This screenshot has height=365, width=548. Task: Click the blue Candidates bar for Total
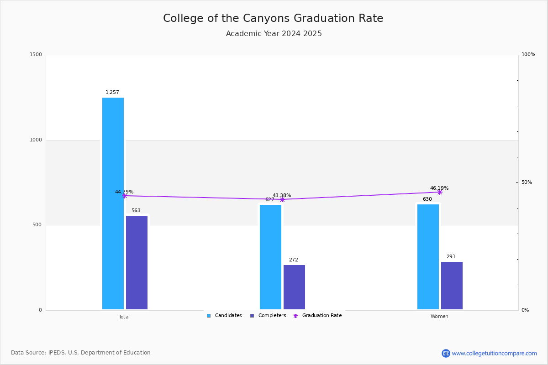[113, 203]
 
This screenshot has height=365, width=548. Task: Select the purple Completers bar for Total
[137, 262]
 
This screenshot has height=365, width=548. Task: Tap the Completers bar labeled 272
[294, 287]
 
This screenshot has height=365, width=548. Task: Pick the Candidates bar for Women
[428, 257]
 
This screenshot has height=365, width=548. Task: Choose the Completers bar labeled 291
[452, 286]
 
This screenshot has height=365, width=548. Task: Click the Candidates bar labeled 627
[270, 257]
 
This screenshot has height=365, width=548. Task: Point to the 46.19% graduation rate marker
[440, 192]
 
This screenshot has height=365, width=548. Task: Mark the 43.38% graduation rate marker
[282, 199]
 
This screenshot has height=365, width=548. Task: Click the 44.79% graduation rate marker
[125, 196]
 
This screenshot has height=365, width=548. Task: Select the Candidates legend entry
[224, 316]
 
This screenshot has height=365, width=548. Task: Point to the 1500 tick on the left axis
[36, 55]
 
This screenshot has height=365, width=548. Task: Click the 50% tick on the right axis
[527, 182]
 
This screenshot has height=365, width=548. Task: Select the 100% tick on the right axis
[528, 55]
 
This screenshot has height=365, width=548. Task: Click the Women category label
[439, 317]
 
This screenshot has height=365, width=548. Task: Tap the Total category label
[124, 317]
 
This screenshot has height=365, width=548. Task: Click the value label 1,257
[112, 93]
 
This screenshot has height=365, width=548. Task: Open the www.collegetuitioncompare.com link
[494, 353]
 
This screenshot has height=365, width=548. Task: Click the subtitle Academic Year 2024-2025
[274, 34]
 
